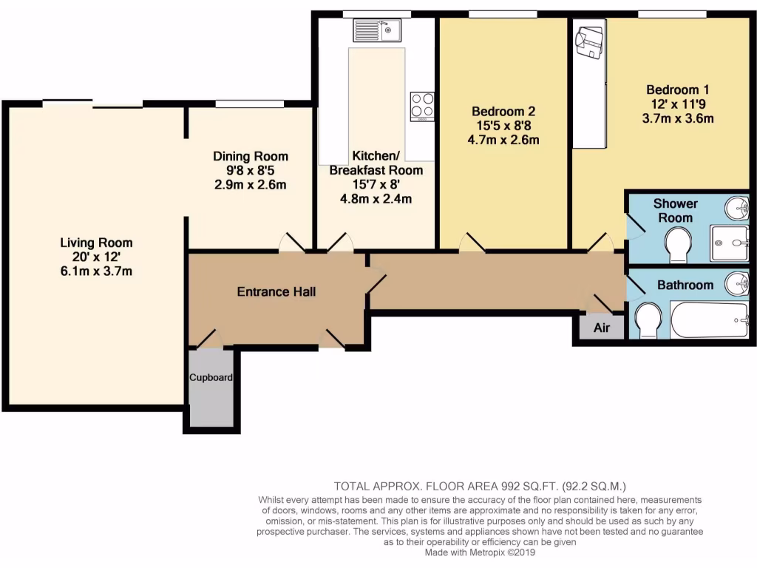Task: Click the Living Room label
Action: (96, 243)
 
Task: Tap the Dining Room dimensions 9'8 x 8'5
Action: (250, 170)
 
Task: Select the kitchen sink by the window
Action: (376, 30)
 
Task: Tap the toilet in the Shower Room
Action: (676, 244)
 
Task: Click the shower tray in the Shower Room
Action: (729, 243)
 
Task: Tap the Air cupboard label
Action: (602, 328)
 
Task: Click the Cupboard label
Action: (211, 377)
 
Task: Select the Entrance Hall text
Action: (276, 291)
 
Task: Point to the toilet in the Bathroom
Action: (648, 319)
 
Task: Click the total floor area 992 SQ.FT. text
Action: (481, 486)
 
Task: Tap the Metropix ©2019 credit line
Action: (480, 552)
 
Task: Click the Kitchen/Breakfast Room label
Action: (376, 163)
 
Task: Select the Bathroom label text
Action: (685, 285)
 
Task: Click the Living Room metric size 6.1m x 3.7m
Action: (96, 271)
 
